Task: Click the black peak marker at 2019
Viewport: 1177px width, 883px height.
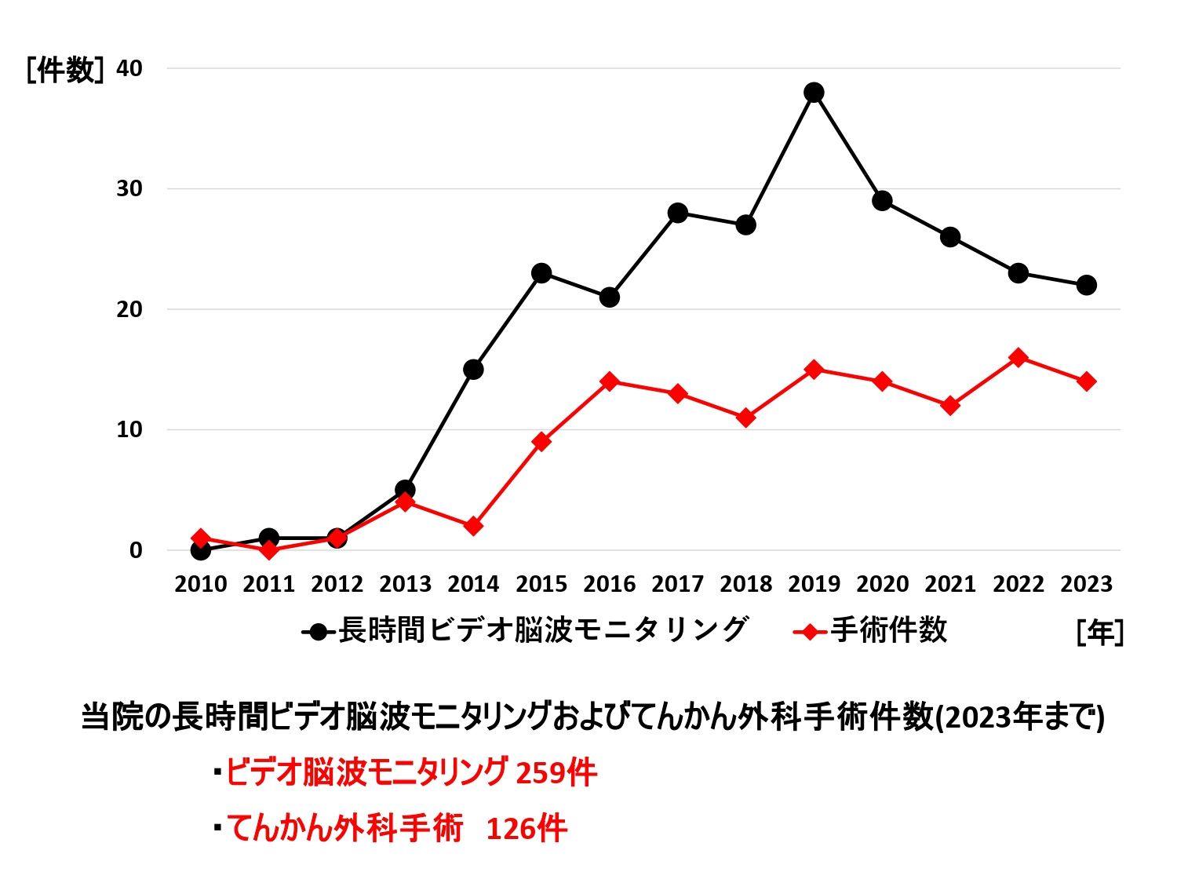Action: [x=814, y=93]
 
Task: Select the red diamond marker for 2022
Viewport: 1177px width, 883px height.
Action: [x=1018, y=358]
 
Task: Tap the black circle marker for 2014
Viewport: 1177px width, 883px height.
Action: [x=473, y=370]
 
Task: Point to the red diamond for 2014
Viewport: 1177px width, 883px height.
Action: [x=473, y=526]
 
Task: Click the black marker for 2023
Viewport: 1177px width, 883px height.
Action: [x=1086, y=285]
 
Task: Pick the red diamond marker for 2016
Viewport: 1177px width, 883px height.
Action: [x=610, y=381]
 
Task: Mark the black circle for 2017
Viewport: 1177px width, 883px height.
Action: [x=678, y=213]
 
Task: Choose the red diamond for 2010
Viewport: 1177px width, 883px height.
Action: [x=201, y=538]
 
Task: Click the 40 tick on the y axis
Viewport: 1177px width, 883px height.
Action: [x=129, y=69]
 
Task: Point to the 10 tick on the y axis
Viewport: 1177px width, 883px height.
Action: [x=129, y=430]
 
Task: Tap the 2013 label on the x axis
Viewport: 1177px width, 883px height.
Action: [x=405, y=585]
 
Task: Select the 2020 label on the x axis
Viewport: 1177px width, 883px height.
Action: [x=882, y=585]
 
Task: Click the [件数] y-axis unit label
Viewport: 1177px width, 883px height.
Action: [x=64, y=71]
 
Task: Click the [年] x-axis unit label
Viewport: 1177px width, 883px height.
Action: [x=1100, y=632]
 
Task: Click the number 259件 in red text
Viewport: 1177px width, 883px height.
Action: [x=556, y=773]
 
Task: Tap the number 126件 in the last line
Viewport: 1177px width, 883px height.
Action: [x=527, y=829]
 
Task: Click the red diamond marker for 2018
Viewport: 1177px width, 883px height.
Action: [x=746, y=418]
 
